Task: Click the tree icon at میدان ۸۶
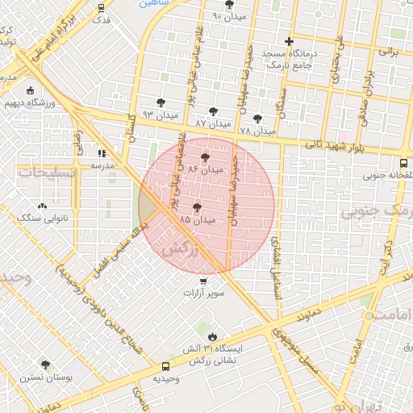(205, 158)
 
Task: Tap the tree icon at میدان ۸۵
(197, 208)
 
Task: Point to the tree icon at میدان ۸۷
(213, 112)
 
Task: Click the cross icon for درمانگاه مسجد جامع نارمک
(290, 41)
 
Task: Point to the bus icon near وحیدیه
(155, 377)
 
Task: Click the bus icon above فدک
(102, 8)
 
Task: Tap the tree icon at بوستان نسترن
(45, 365)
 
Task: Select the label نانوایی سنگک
(44, 219)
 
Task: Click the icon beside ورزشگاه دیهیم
(31, 90)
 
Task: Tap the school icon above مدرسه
(102, 153)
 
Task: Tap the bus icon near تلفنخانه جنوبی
(408, 159)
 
